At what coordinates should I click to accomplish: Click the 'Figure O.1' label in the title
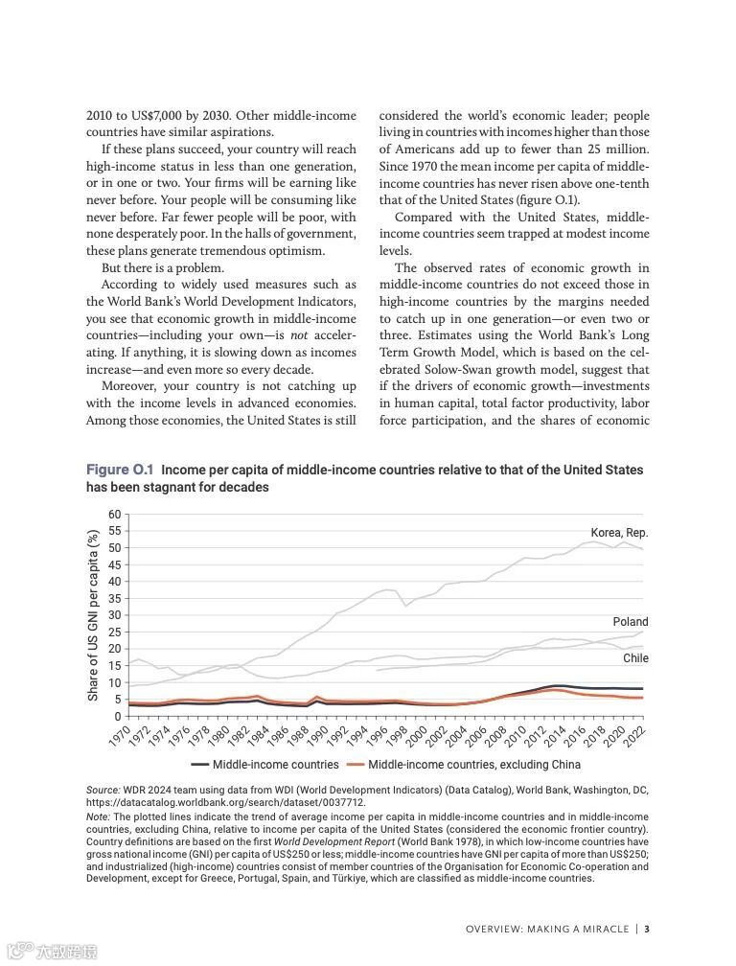tap(120, 470)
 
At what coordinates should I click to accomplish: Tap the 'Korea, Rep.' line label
tap(619, 533)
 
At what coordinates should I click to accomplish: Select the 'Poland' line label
tap(631, 622)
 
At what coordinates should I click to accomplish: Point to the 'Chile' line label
tap(635, 658)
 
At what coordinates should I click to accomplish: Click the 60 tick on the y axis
tap(115, 514)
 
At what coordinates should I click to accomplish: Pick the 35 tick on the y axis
tap(115, 598)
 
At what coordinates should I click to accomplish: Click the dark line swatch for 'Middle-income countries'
tap(199, 765)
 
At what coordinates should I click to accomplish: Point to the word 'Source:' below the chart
tap(103, 790)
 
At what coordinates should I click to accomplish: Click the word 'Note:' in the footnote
tap(98, 816)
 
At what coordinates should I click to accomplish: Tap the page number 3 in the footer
tap(648, 929)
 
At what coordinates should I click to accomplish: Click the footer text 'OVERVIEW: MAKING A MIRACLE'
tap(547, 929)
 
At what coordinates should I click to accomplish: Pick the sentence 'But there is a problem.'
tap(162, 267)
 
